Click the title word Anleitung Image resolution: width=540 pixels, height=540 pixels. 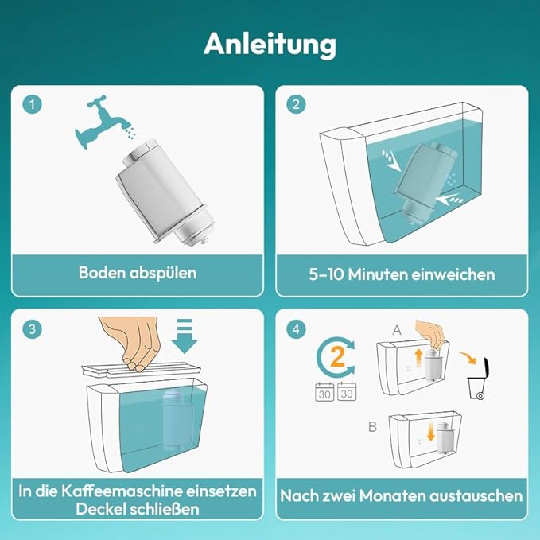[270, 45]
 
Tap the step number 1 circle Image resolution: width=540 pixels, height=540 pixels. [32, 104]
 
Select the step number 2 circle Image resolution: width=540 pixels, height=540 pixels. [296, 104]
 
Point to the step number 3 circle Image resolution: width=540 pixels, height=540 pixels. [32, 329]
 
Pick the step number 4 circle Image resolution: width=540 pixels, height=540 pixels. [296, 329]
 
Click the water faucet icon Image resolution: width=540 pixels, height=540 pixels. [100, 121]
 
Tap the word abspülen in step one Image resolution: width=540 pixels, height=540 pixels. [163, 274]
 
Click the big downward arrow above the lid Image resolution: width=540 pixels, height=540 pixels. [185, 336]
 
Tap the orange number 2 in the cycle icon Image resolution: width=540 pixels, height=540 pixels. [337, 357]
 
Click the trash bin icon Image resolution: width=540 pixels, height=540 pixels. [478, 379]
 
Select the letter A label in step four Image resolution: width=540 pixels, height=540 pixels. [397, 330]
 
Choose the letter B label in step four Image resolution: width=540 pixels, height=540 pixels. [373, 427]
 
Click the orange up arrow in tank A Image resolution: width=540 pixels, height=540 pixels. [418, 358]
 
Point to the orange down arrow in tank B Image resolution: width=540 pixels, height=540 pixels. [431, 432]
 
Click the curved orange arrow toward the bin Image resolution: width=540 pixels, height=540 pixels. [468, 357]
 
